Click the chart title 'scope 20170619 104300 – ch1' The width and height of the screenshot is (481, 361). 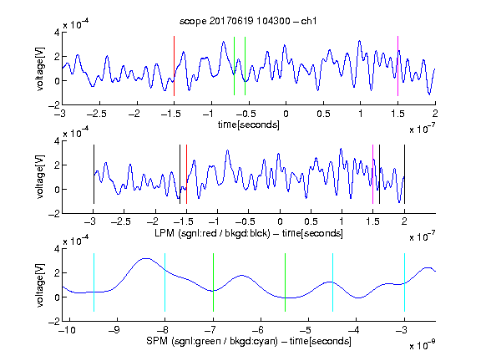248,21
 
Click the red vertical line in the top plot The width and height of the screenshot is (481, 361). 174,66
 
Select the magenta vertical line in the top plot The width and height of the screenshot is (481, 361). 397,66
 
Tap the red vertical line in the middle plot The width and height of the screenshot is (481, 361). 186,174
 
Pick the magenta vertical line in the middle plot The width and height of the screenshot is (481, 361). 372,174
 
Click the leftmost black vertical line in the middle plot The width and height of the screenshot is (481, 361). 94,174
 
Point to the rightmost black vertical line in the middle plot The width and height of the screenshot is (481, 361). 404,174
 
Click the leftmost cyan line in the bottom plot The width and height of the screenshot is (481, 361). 94,282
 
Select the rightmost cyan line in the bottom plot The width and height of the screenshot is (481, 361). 404,282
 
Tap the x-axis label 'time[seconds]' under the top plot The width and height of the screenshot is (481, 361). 249,125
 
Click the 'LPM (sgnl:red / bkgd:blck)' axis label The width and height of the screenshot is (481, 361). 212,233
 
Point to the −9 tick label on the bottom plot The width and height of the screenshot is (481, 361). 114,330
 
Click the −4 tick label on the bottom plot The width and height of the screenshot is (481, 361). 354,330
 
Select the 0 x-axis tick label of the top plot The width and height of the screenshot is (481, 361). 286,114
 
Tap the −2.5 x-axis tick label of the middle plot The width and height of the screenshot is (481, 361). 121,221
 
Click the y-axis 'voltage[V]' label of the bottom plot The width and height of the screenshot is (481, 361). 40,285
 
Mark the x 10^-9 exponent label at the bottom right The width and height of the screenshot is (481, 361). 422,345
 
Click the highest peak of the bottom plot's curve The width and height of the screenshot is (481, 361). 147,258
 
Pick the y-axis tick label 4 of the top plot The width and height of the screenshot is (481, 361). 57,33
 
